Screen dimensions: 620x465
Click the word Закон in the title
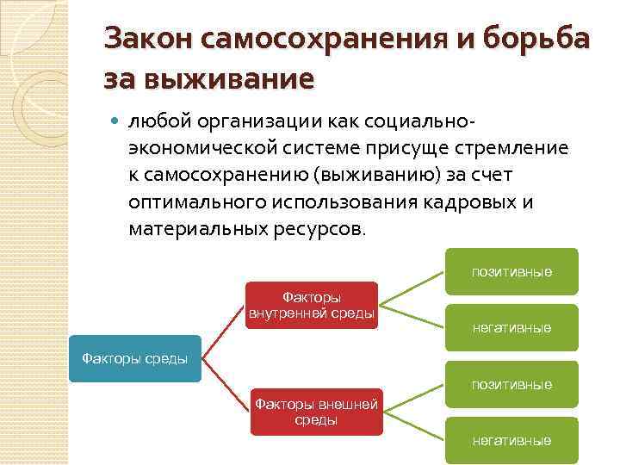point(146,40)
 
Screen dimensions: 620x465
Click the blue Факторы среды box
point(133,358)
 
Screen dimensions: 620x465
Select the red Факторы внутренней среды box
point(312,305)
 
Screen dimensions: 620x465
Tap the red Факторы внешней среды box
point(315,411)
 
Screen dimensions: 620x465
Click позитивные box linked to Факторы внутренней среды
point(512,272)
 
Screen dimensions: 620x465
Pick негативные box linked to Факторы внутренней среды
point(512,327)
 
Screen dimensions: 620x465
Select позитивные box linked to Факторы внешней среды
point(512,384)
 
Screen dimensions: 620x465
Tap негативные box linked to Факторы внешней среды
point(512,440)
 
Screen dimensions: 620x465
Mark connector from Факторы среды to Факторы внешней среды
point(226,385)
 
